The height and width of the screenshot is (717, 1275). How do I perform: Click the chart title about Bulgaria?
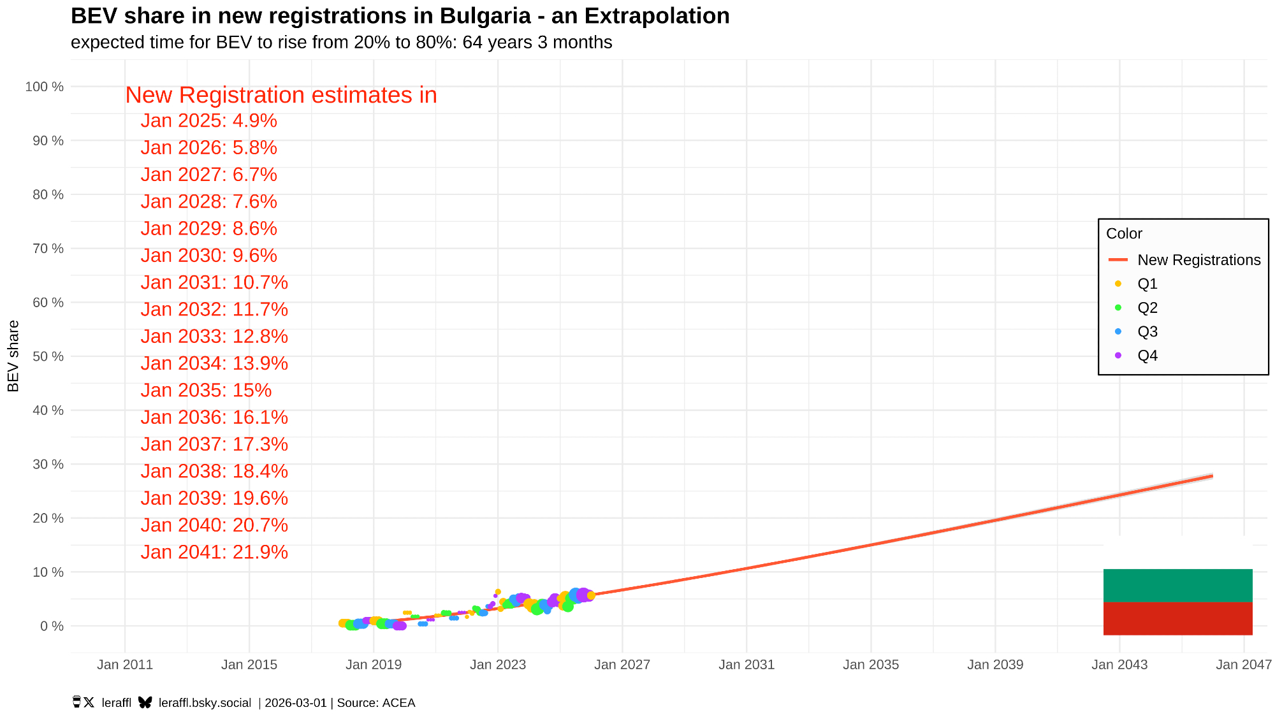point(400,16)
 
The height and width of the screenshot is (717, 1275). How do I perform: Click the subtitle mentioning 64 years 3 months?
point(341,42)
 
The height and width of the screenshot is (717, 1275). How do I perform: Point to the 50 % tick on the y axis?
point(48,356)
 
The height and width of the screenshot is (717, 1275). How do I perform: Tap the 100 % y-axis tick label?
point(45,87)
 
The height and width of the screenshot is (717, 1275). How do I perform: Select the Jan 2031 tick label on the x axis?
point(746,665)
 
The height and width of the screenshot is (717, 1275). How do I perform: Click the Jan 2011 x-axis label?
point(125,665)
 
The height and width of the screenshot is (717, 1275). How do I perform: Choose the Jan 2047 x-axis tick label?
point(1243,665)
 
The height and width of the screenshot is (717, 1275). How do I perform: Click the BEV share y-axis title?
point(13,356)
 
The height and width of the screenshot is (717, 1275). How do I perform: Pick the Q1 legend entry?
point(1147,284)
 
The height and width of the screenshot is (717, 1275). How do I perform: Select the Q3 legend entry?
point(1147,331)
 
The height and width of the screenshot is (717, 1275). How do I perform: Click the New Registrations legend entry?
point(1198,260)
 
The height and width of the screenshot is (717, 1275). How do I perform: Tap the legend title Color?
point(1124,234)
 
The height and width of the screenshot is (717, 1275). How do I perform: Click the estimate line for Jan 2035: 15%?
point(206,390)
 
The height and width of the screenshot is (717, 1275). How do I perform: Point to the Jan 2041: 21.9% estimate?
point(214,552)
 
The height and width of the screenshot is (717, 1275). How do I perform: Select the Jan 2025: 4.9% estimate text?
point(208,120)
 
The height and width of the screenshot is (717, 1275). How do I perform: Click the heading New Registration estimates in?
point(281,95)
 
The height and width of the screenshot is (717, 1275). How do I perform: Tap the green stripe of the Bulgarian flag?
point(1177,585)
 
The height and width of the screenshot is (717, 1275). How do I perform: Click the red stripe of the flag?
point(1177,618)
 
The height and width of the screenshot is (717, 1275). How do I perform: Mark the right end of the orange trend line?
point(1211,476)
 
